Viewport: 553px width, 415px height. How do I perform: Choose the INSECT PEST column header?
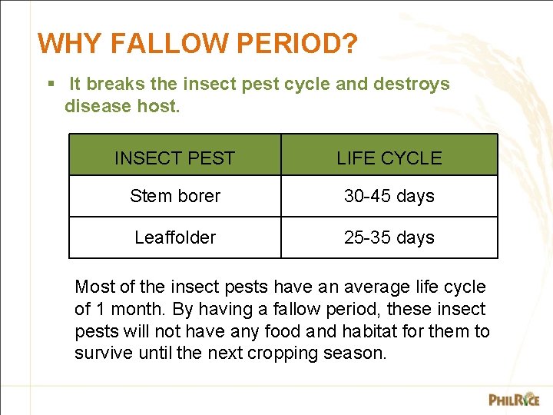[174, 158]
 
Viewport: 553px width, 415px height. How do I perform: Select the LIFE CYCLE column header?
[389, 158]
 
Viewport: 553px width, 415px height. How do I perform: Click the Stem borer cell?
[175, 196]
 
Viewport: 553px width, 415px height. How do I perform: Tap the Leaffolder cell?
[175, 237]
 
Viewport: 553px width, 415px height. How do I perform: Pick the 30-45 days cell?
[389, 196]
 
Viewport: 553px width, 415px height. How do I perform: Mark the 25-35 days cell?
[389, 237]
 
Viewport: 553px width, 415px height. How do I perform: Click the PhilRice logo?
[514, 399]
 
